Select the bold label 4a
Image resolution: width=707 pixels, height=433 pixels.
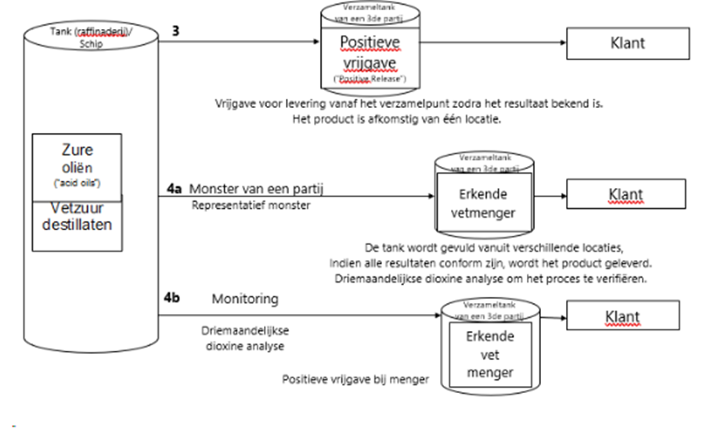(175, 190)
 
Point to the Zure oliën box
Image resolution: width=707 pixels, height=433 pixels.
(77, 166)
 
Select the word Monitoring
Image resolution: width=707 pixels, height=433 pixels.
(244, 300)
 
